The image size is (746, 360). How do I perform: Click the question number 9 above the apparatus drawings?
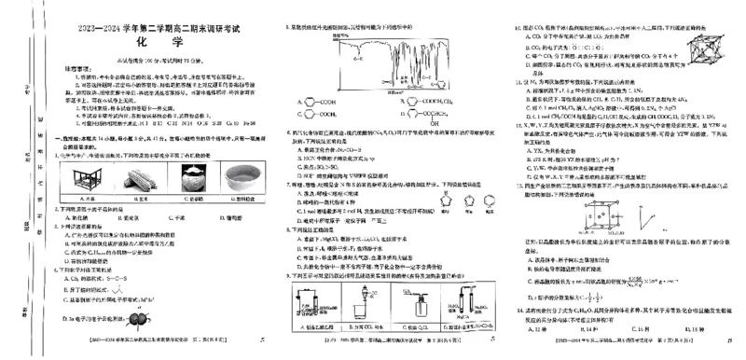[x=291, y=276]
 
